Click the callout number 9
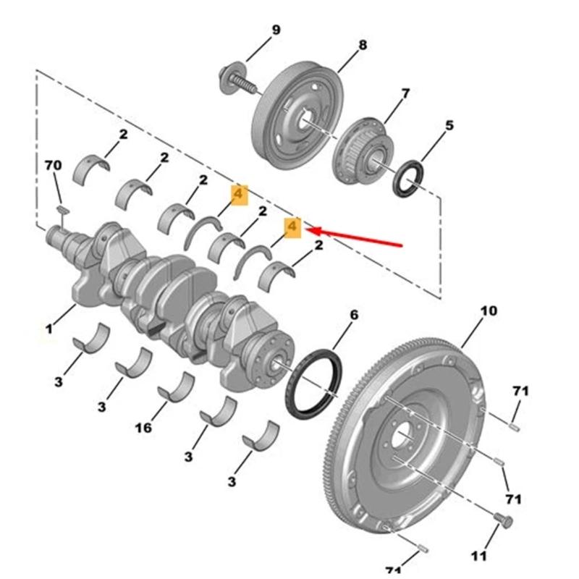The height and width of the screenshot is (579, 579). click(275, 30)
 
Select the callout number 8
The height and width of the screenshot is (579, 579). click(363, 46)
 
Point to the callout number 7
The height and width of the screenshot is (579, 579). click(405, 93)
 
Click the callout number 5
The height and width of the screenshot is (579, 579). click(449, 126)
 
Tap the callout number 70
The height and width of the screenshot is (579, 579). click(53, 166)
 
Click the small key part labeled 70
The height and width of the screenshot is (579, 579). click(62, 210)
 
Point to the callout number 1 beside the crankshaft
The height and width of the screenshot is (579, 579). click(49, 329)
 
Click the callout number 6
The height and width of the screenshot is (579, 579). click(354, 315)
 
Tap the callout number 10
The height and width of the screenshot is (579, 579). click(489, 311)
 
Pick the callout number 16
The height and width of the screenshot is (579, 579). click(143, 428)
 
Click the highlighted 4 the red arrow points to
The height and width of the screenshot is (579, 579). click(292, 227)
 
